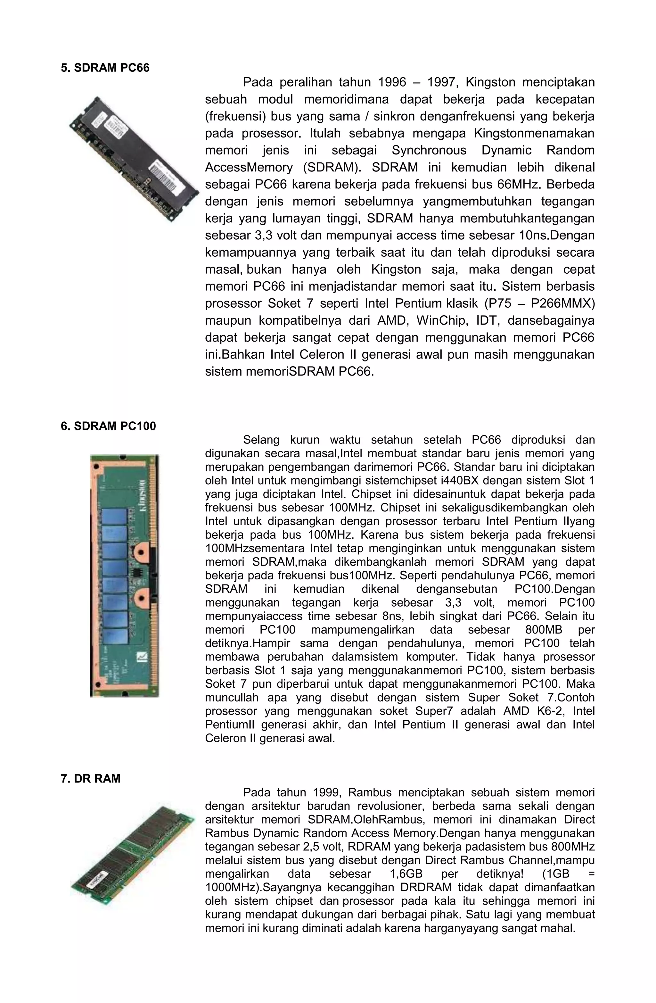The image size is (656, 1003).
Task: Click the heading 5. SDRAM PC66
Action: pos(105,68)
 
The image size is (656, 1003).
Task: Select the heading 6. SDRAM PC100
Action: pos(108,426)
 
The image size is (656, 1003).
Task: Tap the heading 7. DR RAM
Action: pos(91,778)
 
